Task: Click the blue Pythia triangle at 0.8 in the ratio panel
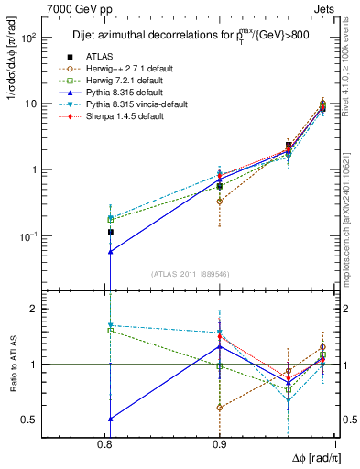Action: coord(110,419)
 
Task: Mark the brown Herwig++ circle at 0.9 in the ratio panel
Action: coord(220,407)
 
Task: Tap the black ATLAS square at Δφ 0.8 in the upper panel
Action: coord(110,232)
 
